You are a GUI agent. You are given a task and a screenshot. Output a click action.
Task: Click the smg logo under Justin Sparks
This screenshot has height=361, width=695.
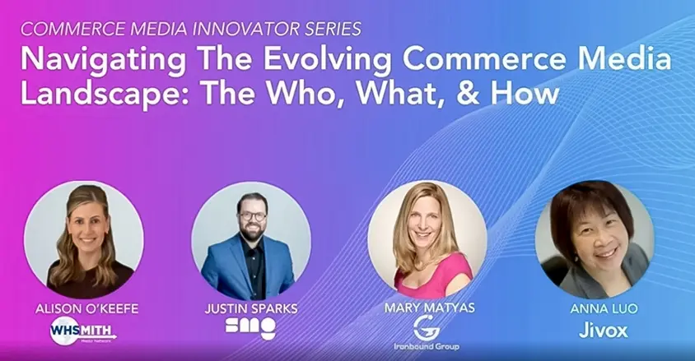(250, 327)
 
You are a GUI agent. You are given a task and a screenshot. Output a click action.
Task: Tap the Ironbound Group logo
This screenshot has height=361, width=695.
(427, 332)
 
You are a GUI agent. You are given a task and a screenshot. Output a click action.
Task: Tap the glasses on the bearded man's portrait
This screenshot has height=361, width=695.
(251, 215)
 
